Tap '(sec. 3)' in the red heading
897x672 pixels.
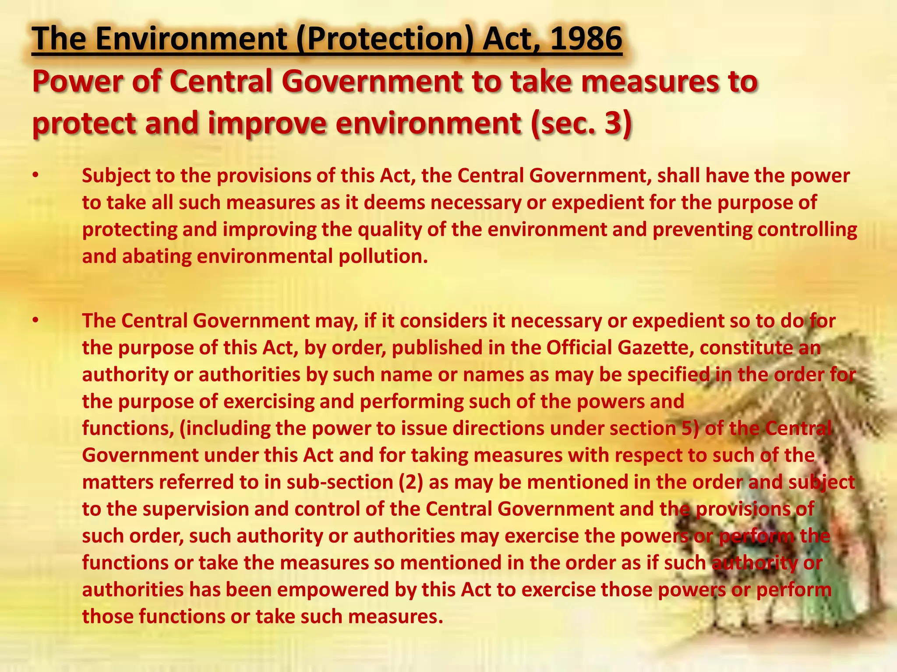click(x=580, y=123)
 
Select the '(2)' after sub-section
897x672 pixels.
click(x=411, y=482)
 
